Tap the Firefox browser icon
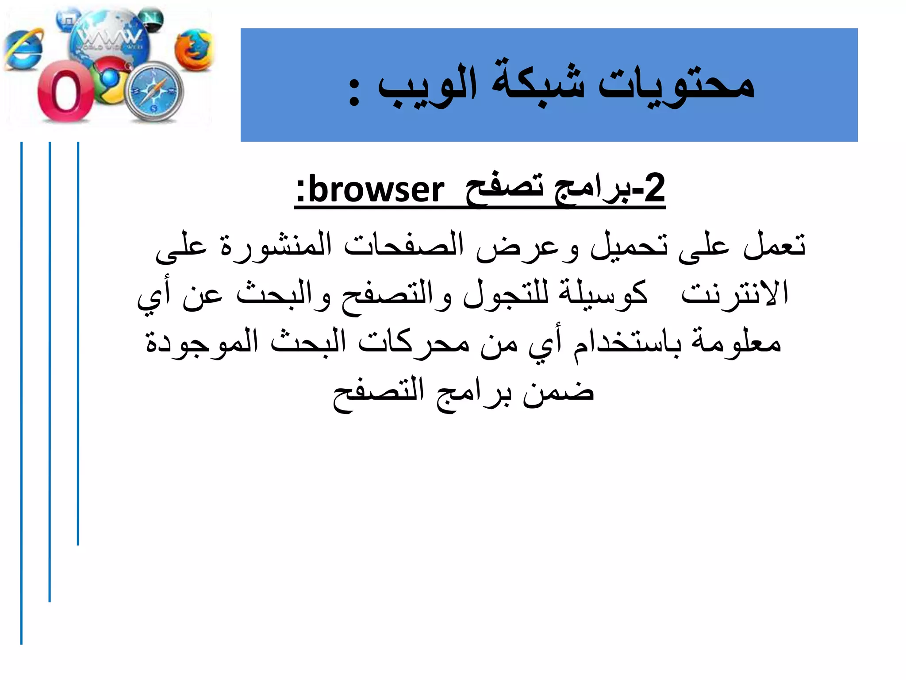pyautogui.click(x=193, y=50)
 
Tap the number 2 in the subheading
pyautogui.click(x=654, y=188)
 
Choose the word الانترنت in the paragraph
pyautogui.click(x=734, y=294)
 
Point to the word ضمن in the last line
pyautogui.click(x=557, y=391)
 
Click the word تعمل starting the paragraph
pyautogui.click(x=774, y=245)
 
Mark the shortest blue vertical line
pyautogui.click(x=78, y=343)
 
